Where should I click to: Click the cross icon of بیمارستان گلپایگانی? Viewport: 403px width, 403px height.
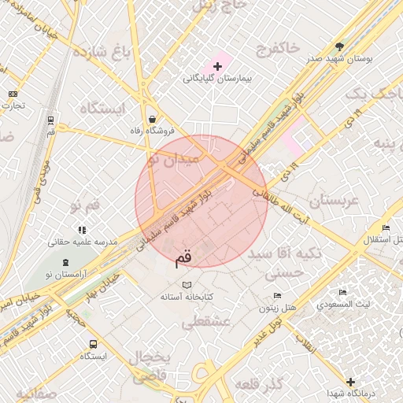pyautogui.click(x=217, y=65)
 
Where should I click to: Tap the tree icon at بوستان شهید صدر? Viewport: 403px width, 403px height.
pyautogui.click(x=339, y=46)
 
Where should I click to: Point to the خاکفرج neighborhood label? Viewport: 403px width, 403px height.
pyautogui.click(x=277, y=49)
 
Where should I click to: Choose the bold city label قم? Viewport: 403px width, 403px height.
pyautogui.click(x=183, y=257)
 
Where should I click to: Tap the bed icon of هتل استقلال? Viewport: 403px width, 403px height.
pyautogui.click(x=385, y=227)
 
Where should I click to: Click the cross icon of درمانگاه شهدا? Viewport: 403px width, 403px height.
pyautogui.click(x=350, y=382)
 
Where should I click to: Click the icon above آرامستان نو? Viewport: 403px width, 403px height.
pyautogui.click(x=65, y=261)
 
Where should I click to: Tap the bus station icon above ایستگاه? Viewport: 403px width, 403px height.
pyautogui.click(x=94, y=344)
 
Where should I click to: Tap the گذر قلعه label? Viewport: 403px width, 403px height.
pyautogui.click(x=258, y=386)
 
